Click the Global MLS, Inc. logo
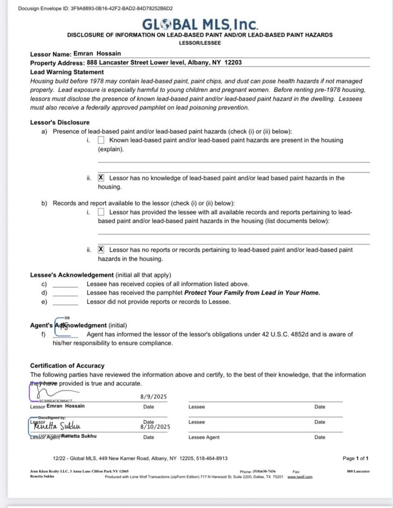(x=200, y=25)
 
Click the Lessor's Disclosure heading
(x=60, y=123)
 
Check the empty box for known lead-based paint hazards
(x=101, y=140)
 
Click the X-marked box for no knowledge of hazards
(x=101, y=178)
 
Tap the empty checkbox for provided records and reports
(x=101, y=212)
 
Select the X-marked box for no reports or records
(x=101, y=250)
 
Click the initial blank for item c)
(x=65, y=284)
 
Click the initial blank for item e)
(x=65, y=302)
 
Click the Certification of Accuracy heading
(x=67, y=366)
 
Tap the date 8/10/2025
(x=155, y=427)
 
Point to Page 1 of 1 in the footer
(x=356, y=458)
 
